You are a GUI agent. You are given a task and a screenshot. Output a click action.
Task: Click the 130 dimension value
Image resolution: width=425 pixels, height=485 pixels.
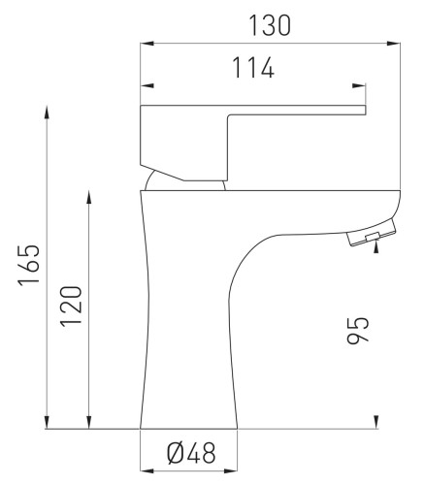[x=270, y=25]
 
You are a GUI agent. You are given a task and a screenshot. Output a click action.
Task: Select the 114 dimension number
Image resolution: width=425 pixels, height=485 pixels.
[x=253, y=68]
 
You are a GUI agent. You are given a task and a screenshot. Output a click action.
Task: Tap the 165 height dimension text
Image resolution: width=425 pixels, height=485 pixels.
[x=29, y=265]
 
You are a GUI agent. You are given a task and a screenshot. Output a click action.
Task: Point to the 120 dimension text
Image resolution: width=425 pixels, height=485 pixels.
[x=71, y=306]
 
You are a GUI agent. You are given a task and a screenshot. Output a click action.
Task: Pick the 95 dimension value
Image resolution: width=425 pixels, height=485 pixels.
[x=358, y=330]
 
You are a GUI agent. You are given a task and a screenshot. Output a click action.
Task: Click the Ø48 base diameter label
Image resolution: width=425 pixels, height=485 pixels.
[x=191, y=453]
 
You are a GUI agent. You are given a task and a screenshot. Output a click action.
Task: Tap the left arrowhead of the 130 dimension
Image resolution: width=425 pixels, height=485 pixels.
[x=147, y=44]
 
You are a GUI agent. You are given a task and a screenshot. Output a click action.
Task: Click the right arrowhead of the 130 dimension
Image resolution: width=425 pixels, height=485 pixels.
[x=393, y=44]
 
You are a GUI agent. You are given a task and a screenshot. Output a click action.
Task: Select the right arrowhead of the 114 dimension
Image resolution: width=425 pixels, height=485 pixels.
[x=359, y=85]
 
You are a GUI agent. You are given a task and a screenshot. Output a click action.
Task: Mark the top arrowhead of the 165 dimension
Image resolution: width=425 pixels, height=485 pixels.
[x=48, y=113]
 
